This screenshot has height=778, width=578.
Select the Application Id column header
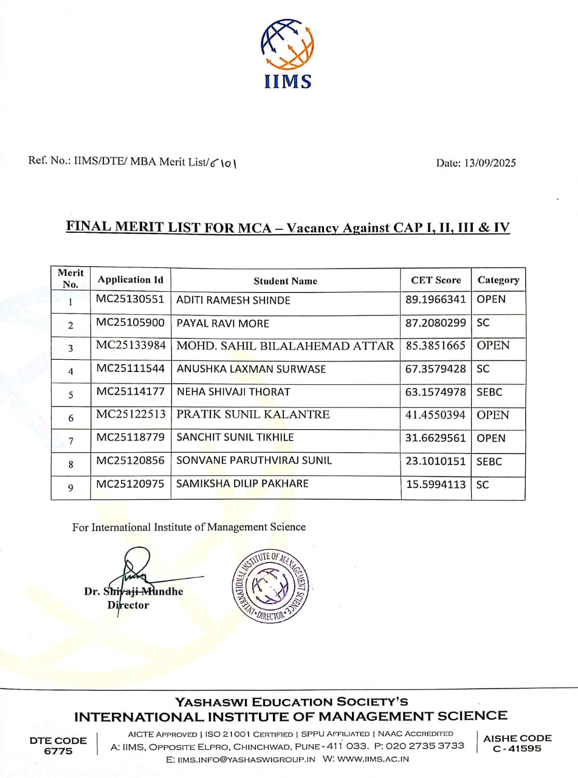(x=131, y=280)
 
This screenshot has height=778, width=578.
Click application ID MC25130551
(x=131, y=299)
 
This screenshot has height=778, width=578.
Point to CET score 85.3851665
(x=436, y=346)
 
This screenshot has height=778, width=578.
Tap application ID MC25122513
(x=131, y=415)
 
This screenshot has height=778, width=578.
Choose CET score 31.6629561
(x=436, y=438)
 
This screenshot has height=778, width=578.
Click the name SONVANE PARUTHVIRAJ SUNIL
(x=254, y=461)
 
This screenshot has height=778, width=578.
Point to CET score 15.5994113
(x=436, y=484)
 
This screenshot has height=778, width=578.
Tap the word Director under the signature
(x=128, y=605)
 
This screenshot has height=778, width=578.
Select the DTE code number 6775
(x=58, y=751)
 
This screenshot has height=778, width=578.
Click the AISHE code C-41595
(x=517, y=749)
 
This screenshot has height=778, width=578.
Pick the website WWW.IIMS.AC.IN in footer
(x=366, y=759)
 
